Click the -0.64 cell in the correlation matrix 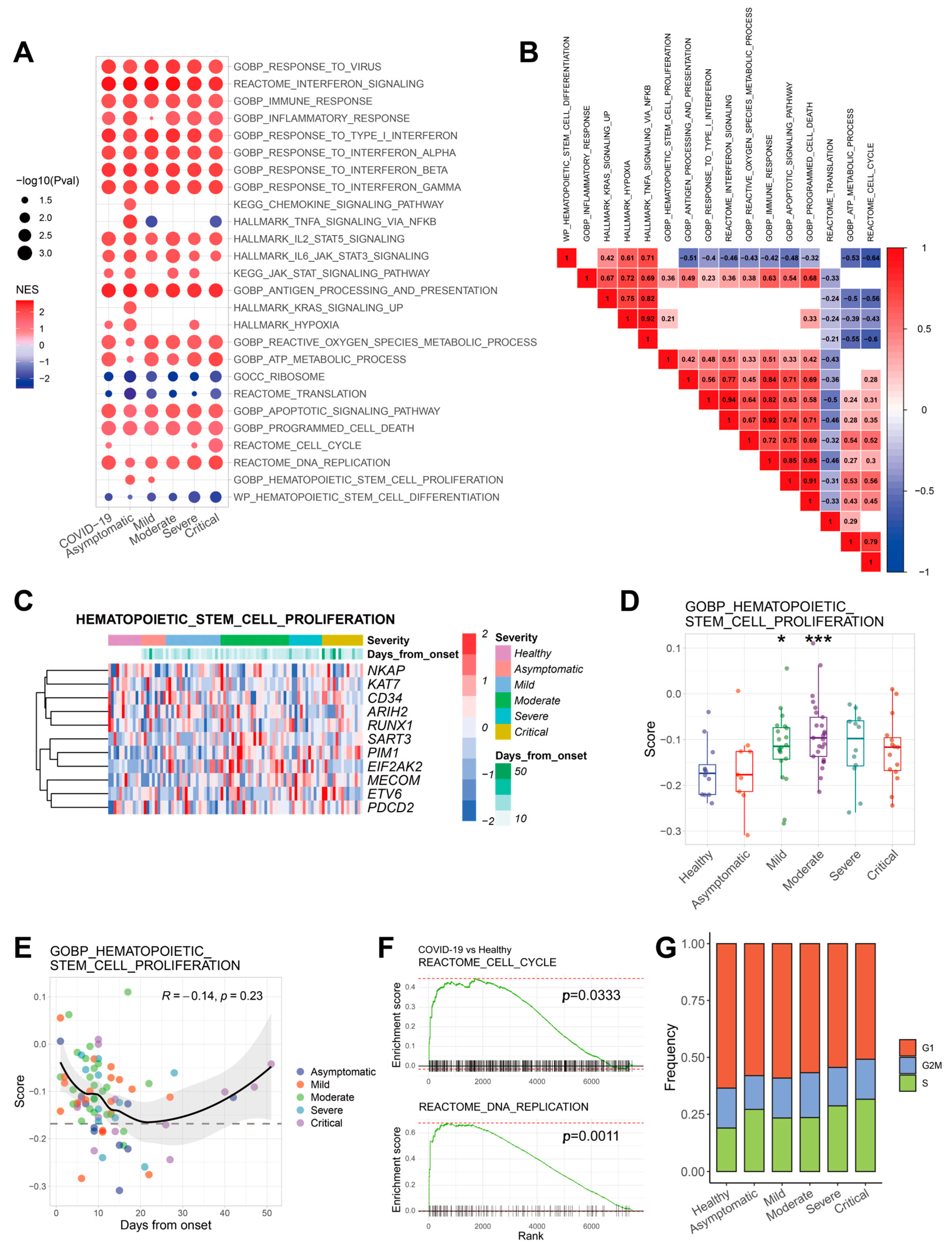871,258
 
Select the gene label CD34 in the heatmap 385,698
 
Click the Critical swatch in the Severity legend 503,732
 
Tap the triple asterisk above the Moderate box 818,639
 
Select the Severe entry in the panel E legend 326,1110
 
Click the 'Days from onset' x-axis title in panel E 165,1225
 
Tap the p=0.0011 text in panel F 591,1136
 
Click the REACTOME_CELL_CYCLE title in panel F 487,962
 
